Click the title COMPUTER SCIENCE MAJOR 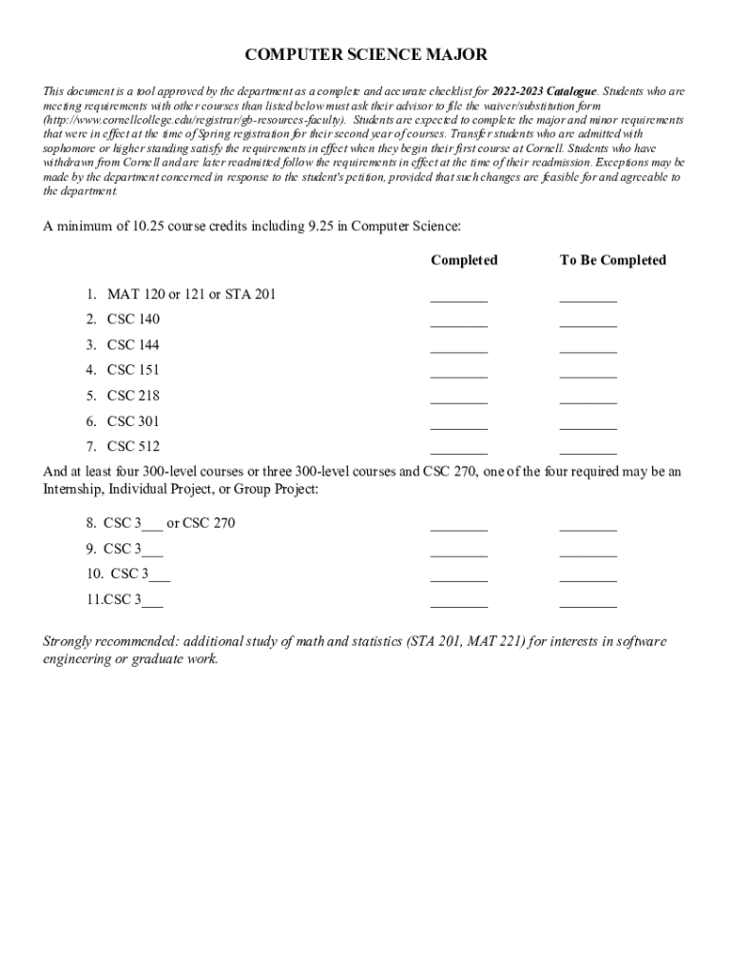[366, 55]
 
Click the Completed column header [464, 260]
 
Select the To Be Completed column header [613, 260]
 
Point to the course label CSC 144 [133, 344]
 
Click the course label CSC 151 [133, 370]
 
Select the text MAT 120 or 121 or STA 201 [191, 294]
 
